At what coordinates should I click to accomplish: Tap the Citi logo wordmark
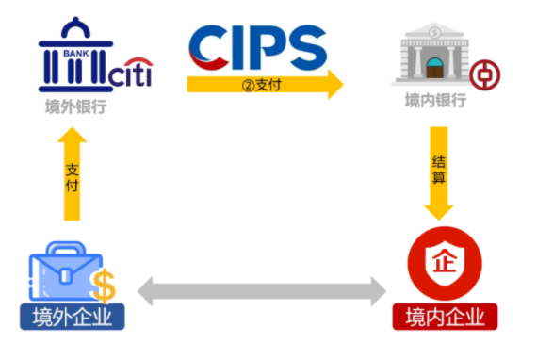point(130,74)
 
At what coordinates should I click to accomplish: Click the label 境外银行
point(74,106)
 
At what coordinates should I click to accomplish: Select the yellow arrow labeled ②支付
point(264,86)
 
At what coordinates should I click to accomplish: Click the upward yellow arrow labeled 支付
point(73,175)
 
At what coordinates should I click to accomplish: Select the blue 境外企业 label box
point(73,316)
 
